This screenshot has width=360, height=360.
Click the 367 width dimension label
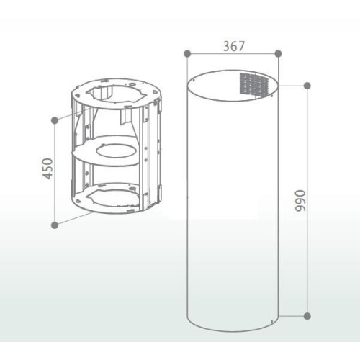pyautogui.click(x=234, y=46)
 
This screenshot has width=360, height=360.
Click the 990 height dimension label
pyautogui.click(x=300, y=201)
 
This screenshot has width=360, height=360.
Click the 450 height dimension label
pyautogui.click(x=48, y=168)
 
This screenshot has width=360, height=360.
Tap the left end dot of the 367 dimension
pyautogui.click(x=187, y=53)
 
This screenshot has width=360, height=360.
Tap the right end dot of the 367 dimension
pyautogui.click(x=278, y=53)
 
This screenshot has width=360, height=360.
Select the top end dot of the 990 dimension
pyautogui.click(x=307, y=86)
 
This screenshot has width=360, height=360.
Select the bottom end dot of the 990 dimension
pyautogui.click(x=307, y=316)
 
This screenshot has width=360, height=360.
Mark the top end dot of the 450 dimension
pyautogui.click(x=55, y=120)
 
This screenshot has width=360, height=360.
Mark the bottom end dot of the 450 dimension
pyautogui.click(x=55, y=225)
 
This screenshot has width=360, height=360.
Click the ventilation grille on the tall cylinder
pyautogui.click(x=254, y=84)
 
